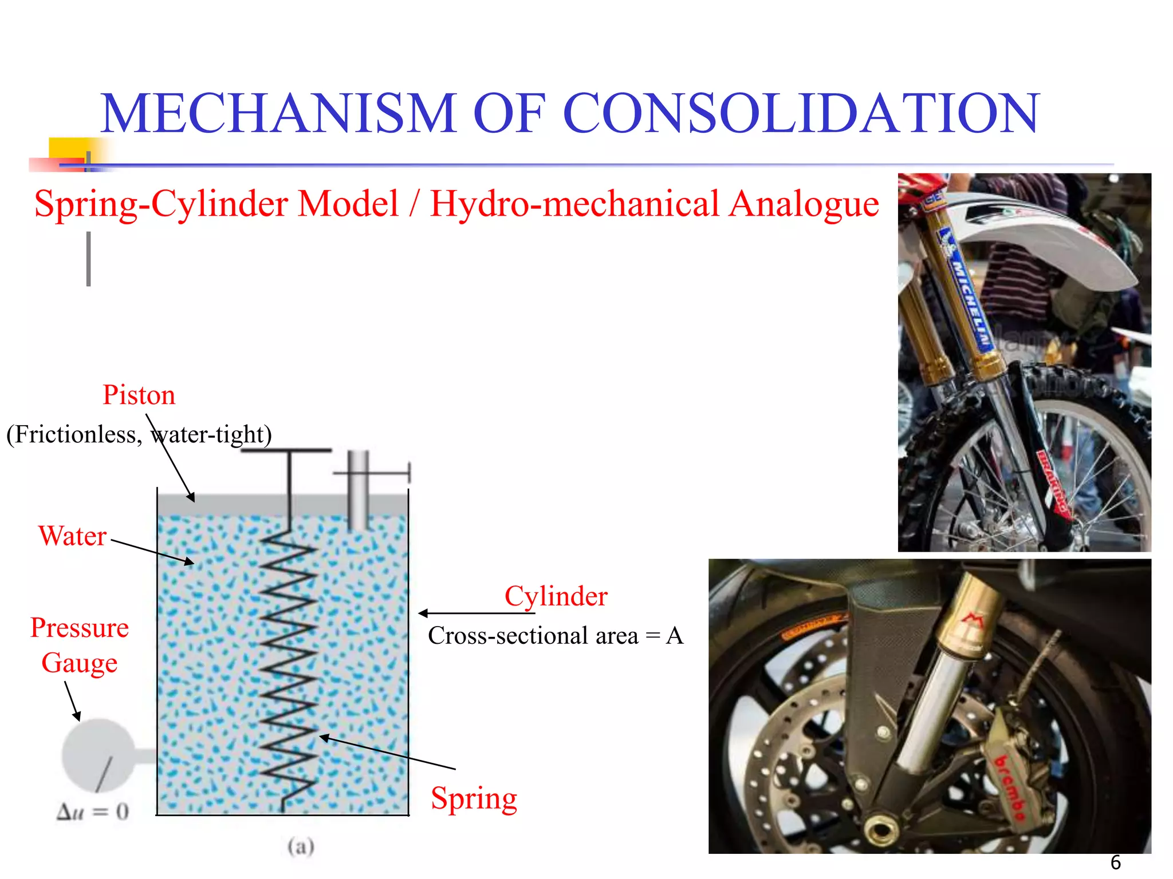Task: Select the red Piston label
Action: [139, 395]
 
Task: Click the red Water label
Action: [72, 536]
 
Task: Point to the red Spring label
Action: [474, 798]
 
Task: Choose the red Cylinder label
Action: [556, 596]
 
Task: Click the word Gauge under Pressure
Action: [79, 663]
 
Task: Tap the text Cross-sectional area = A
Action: [556, 636]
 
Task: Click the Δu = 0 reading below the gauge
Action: [93, 811]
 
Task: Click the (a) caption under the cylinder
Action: [301, 846]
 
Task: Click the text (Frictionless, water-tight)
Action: [139, 434]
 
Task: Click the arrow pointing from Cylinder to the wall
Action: [475, 613]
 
